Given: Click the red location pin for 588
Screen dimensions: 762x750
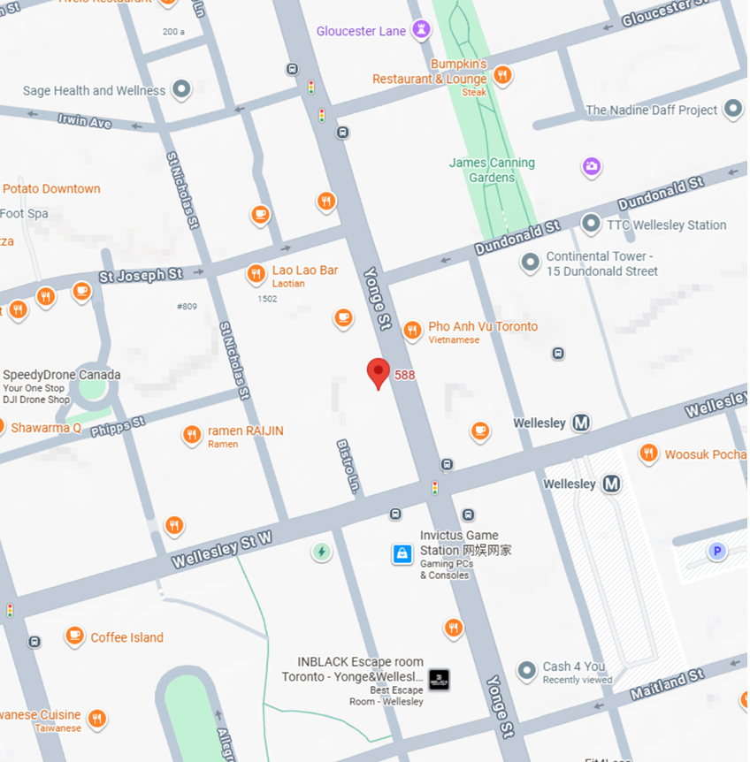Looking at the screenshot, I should (x=379, y=372).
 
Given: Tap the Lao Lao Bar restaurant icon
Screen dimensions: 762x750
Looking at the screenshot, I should (x=256, y=274).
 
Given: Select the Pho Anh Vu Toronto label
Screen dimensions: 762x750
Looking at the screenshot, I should (x=483, y=327).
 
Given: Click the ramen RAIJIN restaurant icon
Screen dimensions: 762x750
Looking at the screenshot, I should (x=192, y=435).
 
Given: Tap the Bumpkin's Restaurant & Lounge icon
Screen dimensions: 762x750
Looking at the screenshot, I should (x=502, y=75).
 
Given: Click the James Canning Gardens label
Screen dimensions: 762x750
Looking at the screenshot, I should (x=492, y=170).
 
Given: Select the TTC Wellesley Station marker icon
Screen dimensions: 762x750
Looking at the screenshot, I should (x=591, y=225).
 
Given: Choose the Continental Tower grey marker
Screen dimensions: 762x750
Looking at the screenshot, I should (x=530, y=263).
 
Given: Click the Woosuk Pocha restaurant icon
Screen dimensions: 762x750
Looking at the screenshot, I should (x=648, y=453).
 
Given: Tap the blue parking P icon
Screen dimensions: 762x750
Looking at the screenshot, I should (x=717, y=552).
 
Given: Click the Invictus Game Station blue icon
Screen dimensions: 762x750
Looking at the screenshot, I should (x=402, y=554).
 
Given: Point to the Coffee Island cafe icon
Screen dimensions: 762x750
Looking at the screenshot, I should (x=74, y=636).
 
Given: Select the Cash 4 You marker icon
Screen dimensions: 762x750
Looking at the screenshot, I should (x=527, y=671).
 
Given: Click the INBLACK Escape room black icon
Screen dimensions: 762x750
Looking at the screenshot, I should (x=440, y=680).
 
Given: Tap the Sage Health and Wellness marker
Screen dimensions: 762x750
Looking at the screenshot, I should (x=181, y=89).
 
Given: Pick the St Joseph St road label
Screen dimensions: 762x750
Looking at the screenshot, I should (x=142, y=276).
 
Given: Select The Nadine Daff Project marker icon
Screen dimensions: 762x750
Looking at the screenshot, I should (x=733, y=110).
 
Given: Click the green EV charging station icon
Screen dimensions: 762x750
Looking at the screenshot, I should (x=322, y=552).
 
